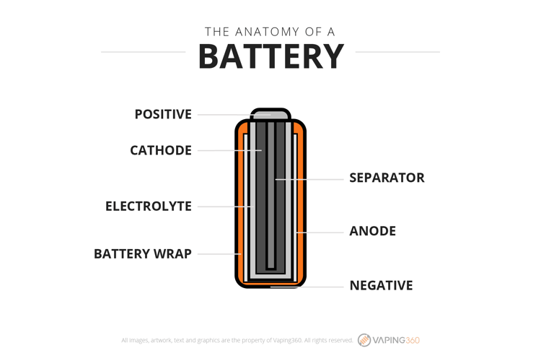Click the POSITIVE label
(163, 114)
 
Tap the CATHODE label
(161, 151)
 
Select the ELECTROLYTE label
(149, 206)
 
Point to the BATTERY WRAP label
(143, 254)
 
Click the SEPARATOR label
(387, 178)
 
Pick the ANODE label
(373, 231)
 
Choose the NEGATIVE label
(381, 286)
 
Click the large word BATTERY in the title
(271, 56)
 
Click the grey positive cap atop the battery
(270, 114)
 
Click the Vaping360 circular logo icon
(364, 340)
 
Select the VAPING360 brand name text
(396, 341)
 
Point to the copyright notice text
(237, 340)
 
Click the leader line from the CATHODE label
(230, 151)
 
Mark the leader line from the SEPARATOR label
(309, 180)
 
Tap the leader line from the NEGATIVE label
(307, 287)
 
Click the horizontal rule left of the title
(144, 52)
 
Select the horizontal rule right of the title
(397, 52)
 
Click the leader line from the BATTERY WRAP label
(219, 254)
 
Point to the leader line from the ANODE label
(320, 232)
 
